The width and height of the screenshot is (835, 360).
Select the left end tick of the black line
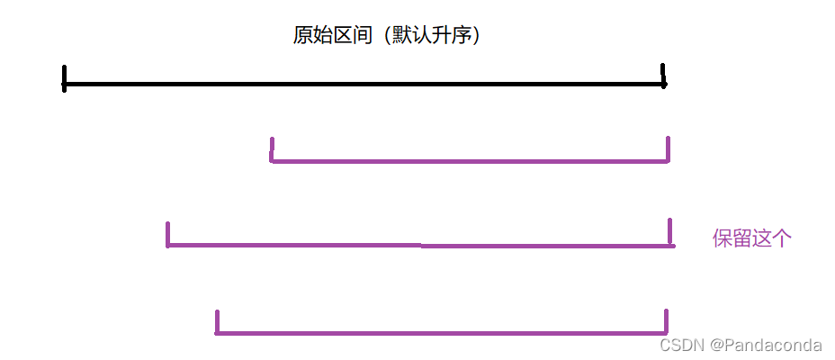64,77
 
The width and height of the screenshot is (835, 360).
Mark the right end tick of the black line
663,76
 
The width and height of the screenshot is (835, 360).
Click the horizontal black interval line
360,85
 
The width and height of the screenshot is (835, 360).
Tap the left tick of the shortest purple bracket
271,149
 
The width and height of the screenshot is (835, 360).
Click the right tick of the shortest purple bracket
668,149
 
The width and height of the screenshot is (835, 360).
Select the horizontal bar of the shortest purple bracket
468,161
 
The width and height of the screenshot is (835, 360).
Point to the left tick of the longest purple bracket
167,234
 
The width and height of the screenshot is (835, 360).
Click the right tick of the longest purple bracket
670,231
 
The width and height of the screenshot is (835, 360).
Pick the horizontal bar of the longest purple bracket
418,245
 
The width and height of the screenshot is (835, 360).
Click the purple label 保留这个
751,238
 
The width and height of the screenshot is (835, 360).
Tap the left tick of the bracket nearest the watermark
217,321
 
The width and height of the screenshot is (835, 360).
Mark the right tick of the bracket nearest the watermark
667,321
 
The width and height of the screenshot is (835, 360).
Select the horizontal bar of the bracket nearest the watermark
441,333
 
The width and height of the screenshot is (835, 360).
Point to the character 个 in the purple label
782,238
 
